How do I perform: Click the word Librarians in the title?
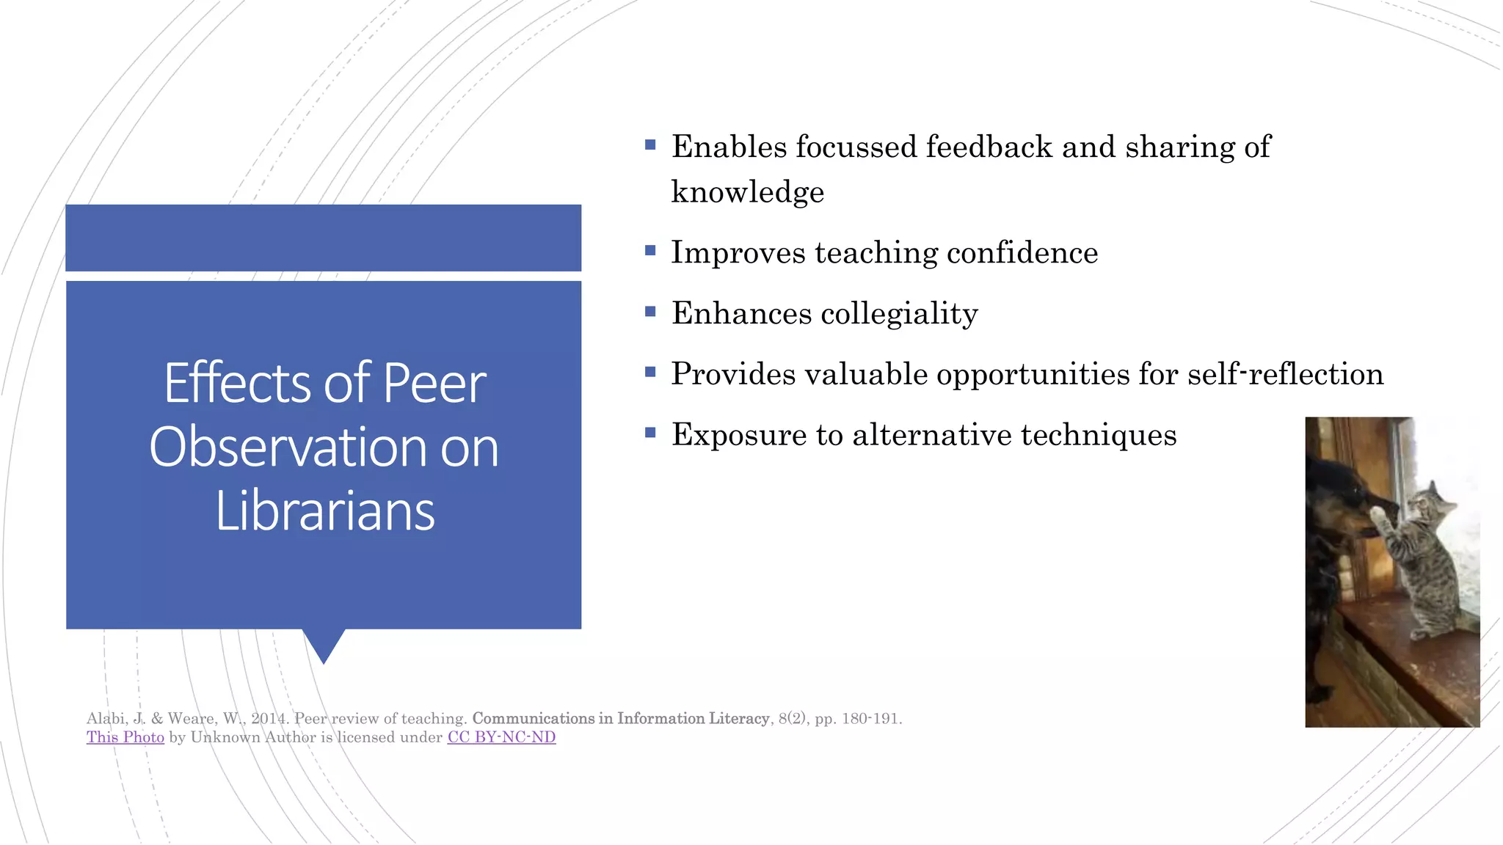point(325,511)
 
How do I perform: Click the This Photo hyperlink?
point(125,737)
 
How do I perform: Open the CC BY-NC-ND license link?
point(501,737)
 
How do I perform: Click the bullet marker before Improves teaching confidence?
point(650,251)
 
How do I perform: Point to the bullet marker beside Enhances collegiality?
point(650,312)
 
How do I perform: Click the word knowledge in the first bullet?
point(748,192)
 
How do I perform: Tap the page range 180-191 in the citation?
point(871,719)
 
